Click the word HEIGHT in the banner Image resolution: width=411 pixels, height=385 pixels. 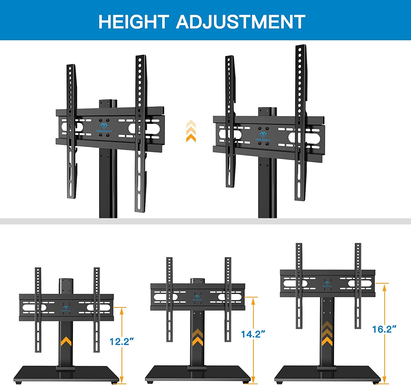133,22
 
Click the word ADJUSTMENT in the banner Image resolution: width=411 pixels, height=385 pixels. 240,22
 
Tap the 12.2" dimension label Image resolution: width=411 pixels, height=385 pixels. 121,341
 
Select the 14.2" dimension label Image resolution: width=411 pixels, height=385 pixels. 253,334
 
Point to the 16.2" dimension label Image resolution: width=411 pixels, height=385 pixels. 384,329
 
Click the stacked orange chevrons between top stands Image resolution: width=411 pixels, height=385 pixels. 191,131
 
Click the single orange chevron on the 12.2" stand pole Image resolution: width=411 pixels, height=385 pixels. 66,341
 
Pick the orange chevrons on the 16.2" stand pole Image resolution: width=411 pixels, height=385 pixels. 327,334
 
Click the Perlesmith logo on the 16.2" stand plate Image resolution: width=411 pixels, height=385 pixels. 327,284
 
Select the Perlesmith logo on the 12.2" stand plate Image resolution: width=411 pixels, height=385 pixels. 66,308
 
